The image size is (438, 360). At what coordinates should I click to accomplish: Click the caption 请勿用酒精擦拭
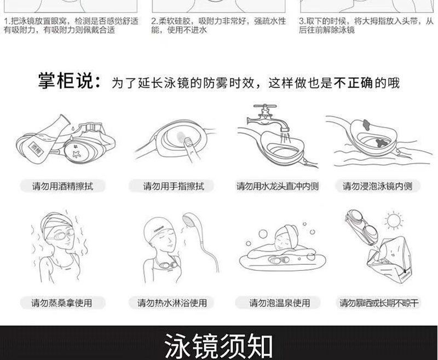62,186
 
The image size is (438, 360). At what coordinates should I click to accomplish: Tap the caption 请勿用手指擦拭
174,186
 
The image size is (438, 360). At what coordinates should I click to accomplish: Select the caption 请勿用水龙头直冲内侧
278,186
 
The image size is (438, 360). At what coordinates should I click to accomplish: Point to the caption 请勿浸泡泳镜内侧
378,186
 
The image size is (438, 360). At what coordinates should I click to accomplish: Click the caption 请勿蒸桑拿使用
62,303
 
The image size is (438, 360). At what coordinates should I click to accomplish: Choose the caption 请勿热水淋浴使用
172,303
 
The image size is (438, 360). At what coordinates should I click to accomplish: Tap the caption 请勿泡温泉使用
280,303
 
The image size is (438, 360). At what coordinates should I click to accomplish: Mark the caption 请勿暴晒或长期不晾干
379,303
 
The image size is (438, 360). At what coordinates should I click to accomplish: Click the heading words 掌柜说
65,81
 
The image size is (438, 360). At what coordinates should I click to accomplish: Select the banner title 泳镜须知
218,345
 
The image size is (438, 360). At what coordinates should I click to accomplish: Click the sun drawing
394,220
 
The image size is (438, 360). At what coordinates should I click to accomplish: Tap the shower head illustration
191,221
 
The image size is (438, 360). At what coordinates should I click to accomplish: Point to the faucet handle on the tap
265,107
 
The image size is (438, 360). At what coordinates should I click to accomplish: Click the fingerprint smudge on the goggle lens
181,136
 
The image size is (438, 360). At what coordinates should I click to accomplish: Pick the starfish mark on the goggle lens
77,153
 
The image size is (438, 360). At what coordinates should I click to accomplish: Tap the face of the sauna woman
62,237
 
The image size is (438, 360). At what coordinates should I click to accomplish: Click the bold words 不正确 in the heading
353,83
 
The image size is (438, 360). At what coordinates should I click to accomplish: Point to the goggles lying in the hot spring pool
279,260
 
